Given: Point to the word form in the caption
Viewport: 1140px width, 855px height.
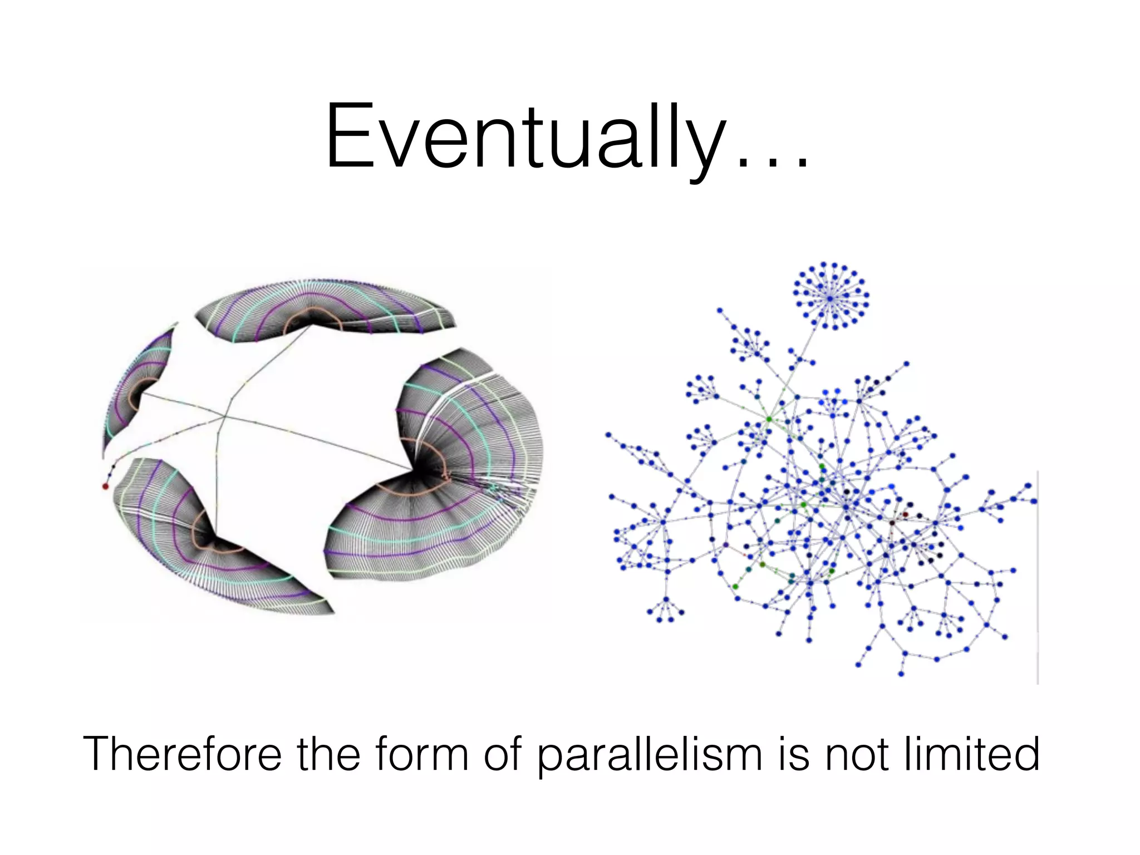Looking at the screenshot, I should click(x=422, y=754).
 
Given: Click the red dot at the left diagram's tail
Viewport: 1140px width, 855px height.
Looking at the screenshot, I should click(x=105, y=487).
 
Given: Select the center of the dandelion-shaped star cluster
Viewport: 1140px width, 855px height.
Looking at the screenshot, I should click(x=830, y=298).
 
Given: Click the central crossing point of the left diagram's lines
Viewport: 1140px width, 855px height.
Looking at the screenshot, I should click(x=224, y=416).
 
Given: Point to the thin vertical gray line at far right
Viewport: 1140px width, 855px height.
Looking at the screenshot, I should click(x=1038, y=579).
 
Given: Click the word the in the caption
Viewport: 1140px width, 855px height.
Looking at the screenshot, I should click(x=328, y=754).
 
